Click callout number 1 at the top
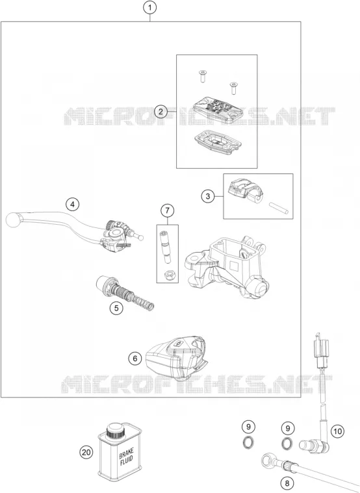[x=150, y=7]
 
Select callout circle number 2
[x=161, y=111]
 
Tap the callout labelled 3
[x=208, y=197]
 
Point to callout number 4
[x=73, y=205]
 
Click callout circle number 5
[x=116, y=308]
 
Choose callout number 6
[x=135, y=359]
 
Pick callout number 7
[x=167, y=210]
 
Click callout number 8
[x=287, y=483]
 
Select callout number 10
[x=337, y=431]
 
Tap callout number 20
[x=86, y=453]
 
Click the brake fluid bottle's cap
[x=114, y=431]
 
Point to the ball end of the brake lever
[x=13, y=219]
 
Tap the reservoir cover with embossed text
[x=214, y=108]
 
